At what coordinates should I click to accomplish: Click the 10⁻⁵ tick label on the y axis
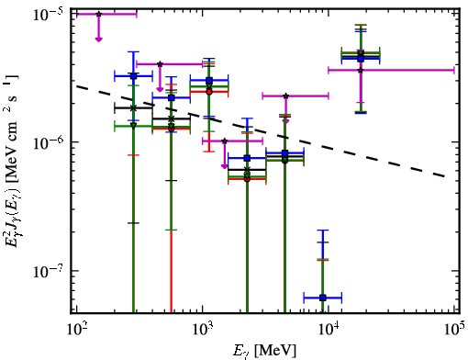pos(47,14)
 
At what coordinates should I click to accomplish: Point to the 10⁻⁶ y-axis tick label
pos(47,142)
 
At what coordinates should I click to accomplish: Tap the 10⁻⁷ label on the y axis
pos(47,271)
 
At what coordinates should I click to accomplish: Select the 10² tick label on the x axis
pos(76,330)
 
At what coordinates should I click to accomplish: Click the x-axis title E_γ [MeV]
pos(264,351)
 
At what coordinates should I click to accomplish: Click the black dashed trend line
pos(261,131)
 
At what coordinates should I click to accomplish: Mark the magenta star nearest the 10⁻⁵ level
pos(98,14)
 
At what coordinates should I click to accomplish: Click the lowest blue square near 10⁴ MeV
pos(322,298)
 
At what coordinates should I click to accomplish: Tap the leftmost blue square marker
pos(133,76)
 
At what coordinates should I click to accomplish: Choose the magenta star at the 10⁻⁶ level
pos(225,141)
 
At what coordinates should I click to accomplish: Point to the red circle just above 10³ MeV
pos(209,92)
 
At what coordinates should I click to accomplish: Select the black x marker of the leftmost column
pos(133,108)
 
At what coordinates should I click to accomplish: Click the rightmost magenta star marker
pos(361,70)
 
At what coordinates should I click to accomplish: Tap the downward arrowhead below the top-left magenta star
pos(98,39)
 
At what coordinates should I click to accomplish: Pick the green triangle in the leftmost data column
pos(133,126)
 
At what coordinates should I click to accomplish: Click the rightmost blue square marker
pos(361,59)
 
